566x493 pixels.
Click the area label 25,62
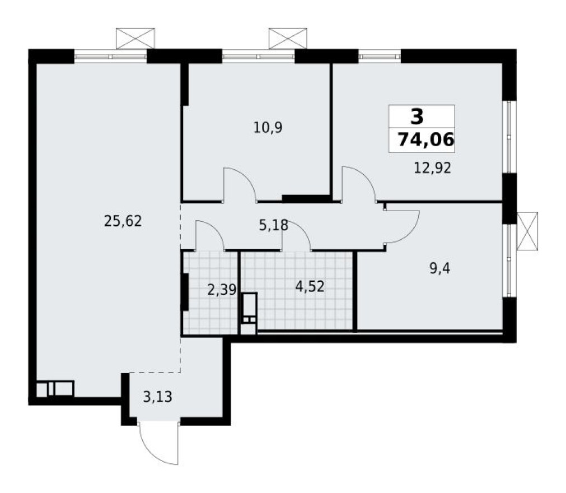(x=123, y=221)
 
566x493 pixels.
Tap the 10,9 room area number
(x=268, y=128)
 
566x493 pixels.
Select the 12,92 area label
(x=431, y=168)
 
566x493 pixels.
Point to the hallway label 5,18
(x=273, y=225)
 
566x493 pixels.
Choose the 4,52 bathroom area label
(x=310, y=286)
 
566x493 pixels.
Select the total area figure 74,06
(x=425, y=140)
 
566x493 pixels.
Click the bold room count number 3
(x=417, y=117)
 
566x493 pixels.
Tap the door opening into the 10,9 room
(x=240, y=184)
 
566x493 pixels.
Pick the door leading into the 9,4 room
(x=401, y=226)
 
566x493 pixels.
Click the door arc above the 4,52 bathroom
(x=297, y=235)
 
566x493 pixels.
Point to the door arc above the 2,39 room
(x=209, y=235)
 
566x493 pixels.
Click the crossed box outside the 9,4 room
(x=527, y=231)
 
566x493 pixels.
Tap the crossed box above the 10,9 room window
(x=288, y=38)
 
